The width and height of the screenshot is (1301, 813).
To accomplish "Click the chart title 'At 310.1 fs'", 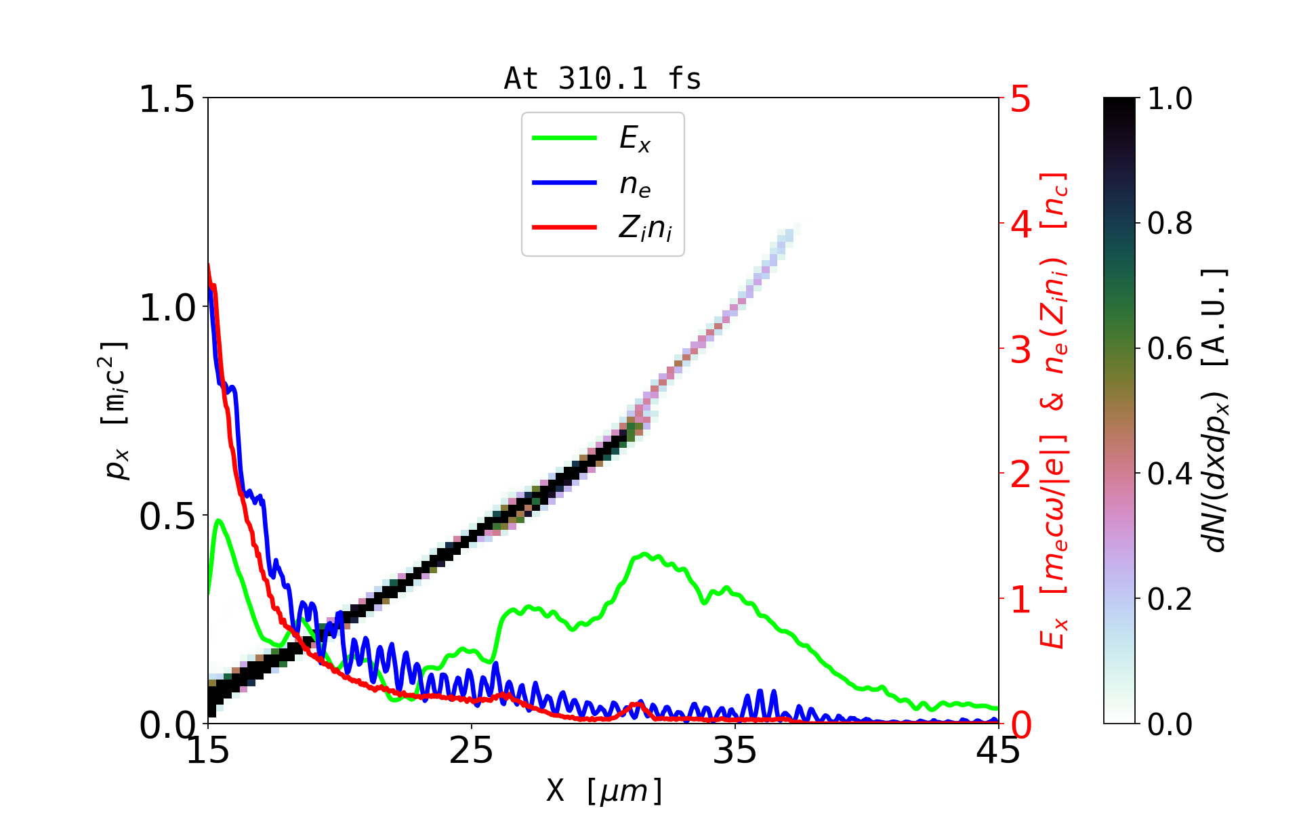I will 602,79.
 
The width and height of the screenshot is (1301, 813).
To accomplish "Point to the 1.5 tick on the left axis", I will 167,99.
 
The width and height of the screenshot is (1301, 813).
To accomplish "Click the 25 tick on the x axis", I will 472,751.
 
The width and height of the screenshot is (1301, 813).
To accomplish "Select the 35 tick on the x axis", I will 735,751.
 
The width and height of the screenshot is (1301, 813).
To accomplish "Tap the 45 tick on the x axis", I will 999,751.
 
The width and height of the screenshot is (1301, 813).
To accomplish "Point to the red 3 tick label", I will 1021,350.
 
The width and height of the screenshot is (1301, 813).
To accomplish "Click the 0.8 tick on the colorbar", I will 1170,224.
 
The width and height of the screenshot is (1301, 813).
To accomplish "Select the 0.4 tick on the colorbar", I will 1170,474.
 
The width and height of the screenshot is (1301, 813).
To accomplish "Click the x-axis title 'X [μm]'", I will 604,790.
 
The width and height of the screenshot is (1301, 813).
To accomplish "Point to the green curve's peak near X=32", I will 644,554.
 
